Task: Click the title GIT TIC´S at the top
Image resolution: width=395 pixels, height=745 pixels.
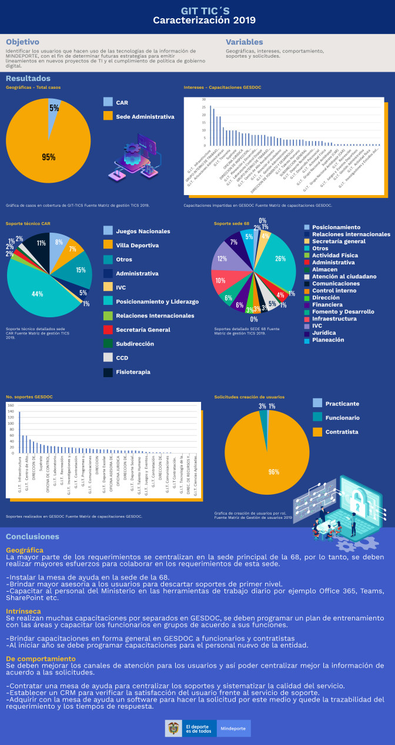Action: click(197, 10)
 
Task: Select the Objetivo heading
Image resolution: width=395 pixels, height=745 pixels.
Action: click(22, 42)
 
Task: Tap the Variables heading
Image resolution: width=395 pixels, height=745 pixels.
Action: click(245, 42)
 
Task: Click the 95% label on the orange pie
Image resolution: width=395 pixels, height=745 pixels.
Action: click(49, 157)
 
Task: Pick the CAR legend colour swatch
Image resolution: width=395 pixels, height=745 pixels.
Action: click(108, 102)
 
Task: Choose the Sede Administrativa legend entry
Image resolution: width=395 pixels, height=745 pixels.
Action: click(145, 116)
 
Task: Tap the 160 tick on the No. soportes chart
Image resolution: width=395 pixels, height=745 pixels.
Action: click(11, 405)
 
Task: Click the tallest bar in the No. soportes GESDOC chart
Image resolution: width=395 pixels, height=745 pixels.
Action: click(19, 432)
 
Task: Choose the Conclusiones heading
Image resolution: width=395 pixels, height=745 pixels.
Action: click(32, 536)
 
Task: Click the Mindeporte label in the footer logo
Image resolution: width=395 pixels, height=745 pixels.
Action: click(233, 728)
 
